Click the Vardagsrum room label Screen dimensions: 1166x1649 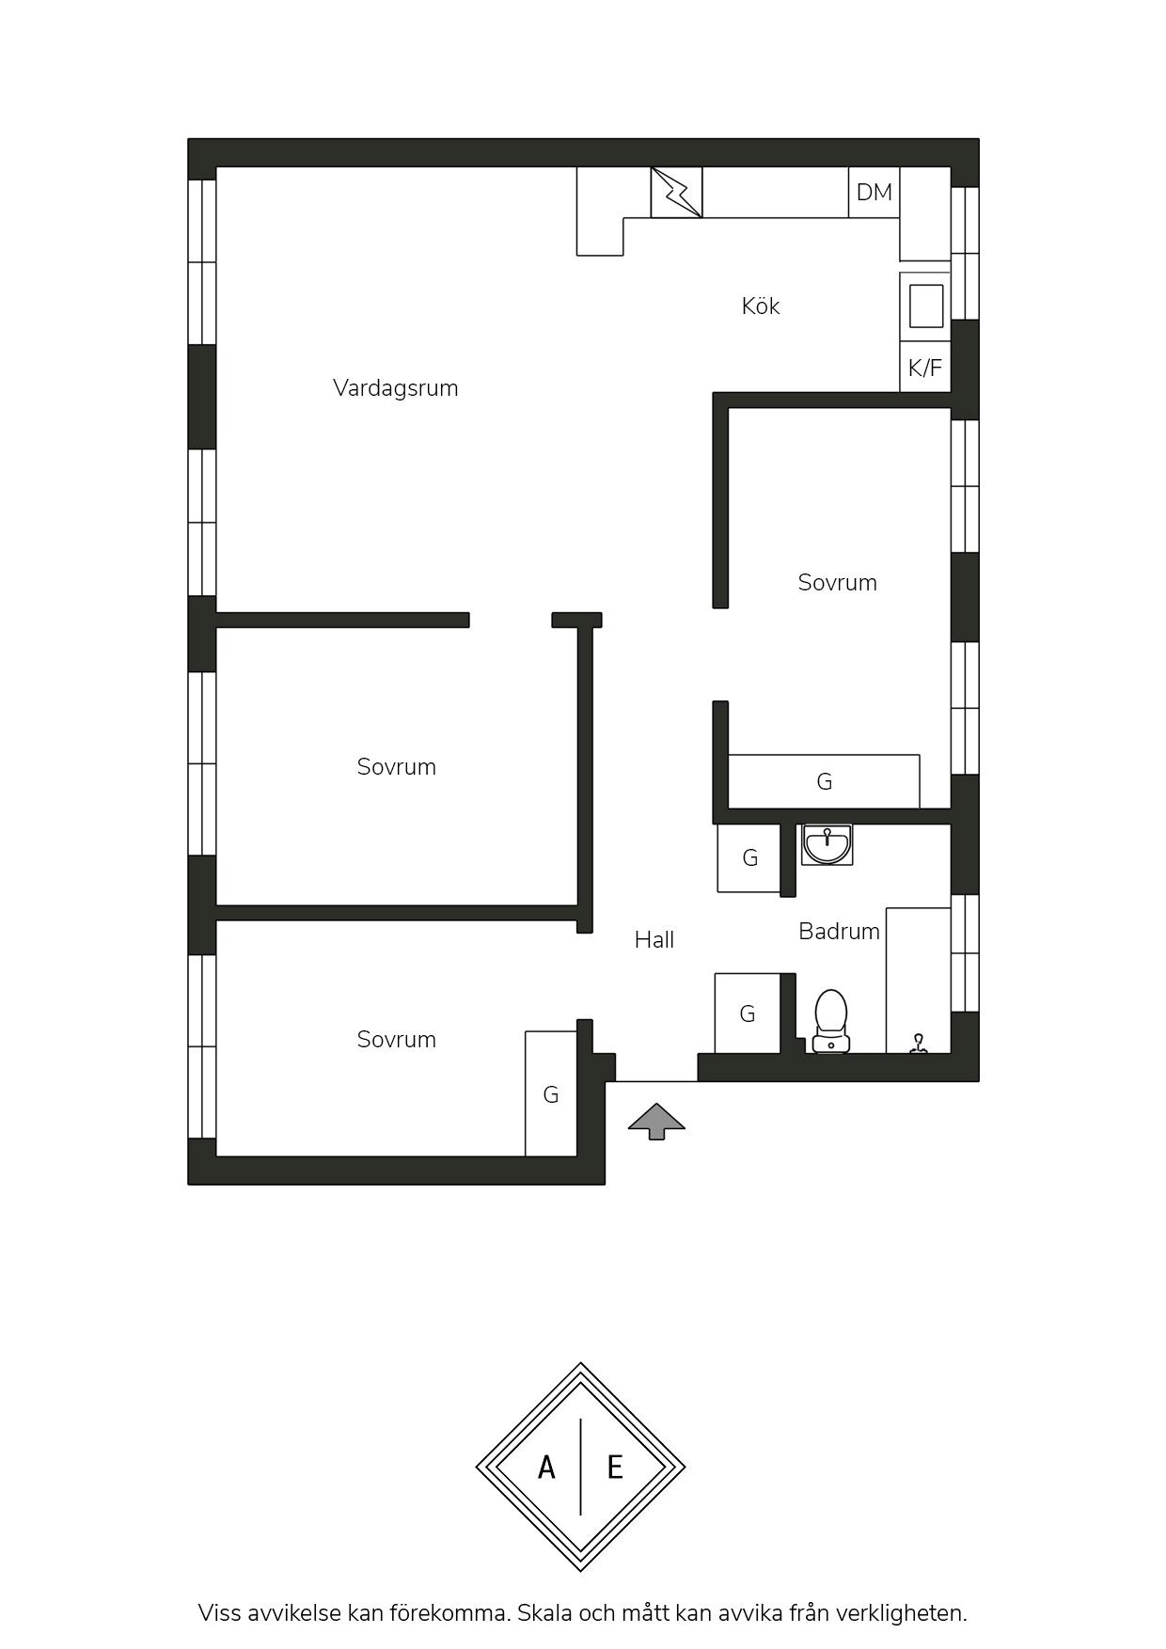(395, 388)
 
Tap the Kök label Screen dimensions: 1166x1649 (761, 306)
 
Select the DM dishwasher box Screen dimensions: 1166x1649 (874, 193)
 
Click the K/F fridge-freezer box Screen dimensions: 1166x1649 (925, 368)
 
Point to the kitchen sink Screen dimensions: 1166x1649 (925, 306)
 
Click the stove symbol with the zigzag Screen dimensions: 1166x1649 (677, 193)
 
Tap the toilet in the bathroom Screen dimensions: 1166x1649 (831, 1021)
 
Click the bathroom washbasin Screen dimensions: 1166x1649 (827, 844)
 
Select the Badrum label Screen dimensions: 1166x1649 (840, 932)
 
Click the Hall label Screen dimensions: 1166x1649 (654, 940)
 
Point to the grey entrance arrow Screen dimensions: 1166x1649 (656, 1121)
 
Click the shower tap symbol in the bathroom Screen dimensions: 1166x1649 (918, 1044)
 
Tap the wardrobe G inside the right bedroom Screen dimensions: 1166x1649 (824, 781)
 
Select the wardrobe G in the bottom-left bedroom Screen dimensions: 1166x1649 (551, 1093)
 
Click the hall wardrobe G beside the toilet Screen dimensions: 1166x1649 (748, 1013)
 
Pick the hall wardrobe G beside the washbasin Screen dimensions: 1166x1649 (749, 857)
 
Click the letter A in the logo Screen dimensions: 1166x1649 (546, 1467)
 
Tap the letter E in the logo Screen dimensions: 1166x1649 (615, 1467)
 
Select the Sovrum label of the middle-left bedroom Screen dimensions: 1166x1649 (397, 767)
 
